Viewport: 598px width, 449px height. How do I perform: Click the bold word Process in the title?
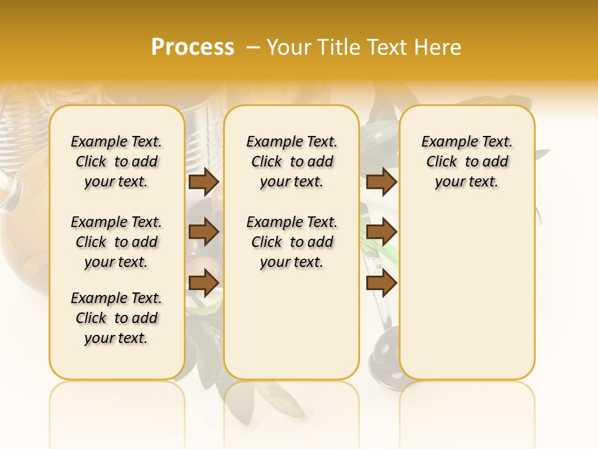pos(192,47)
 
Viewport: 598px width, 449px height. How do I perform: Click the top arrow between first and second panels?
pos(203,182)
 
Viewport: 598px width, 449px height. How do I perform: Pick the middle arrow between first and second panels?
pos(203,233)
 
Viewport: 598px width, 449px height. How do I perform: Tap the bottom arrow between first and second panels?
pos(203,283)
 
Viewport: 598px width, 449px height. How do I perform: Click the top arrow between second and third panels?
pos(381,182)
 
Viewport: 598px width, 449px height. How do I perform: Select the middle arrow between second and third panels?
pos(381,233)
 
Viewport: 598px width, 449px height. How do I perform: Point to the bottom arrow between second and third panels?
pos(381,283)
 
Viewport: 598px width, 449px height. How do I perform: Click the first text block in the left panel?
pos(116,162)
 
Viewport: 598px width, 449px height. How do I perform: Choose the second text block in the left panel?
pos(116,242)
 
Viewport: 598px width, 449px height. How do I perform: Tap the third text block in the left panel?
pos(116,318)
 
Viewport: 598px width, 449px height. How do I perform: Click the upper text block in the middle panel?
pos(292,162)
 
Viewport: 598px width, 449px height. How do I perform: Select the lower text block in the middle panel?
pos(292,242)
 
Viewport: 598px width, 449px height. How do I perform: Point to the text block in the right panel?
pos(467,162)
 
